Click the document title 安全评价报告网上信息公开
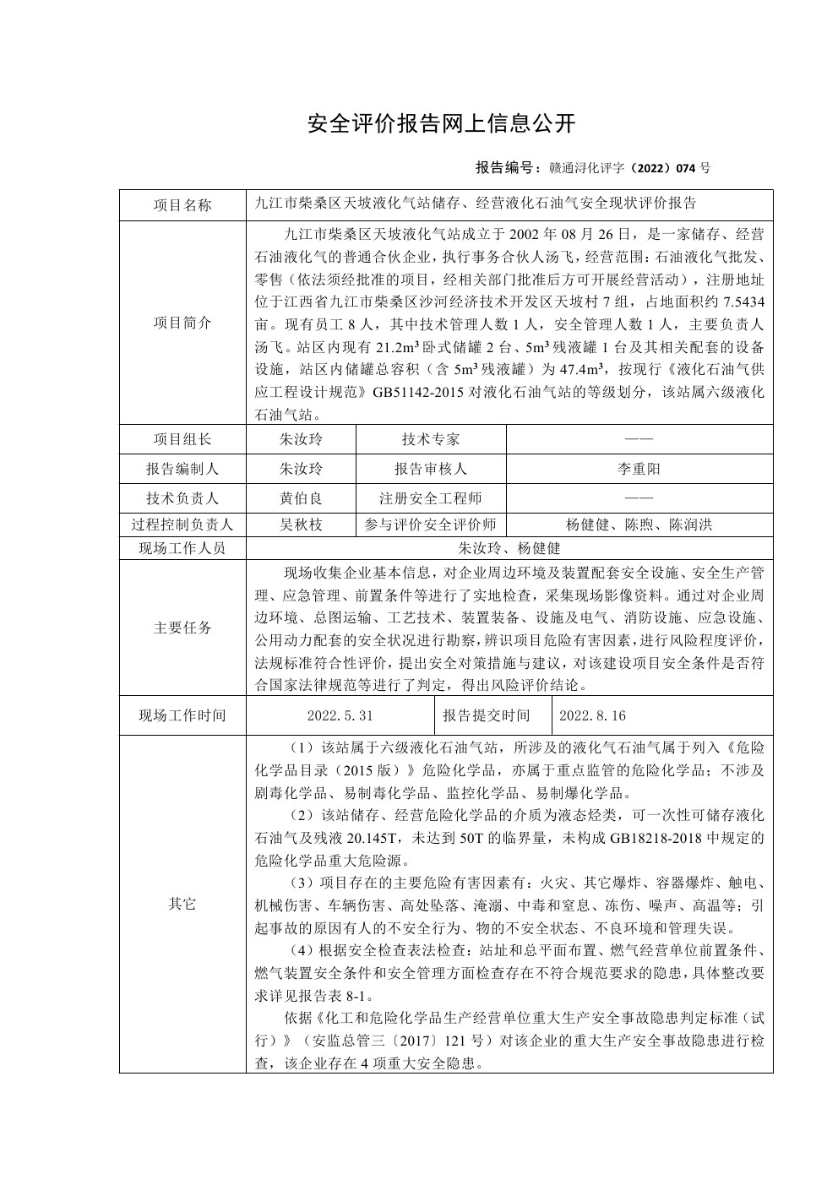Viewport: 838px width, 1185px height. [441, 125]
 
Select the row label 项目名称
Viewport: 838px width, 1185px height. [182, 205]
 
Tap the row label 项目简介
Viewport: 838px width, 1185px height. [182, 323]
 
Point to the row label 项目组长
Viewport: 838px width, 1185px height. [182, 439]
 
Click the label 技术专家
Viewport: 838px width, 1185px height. [431, 439]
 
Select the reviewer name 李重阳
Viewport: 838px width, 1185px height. [639, 469]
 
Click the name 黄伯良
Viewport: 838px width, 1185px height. [301, 498]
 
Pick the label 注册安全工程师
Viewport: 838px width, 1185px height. [431, 498]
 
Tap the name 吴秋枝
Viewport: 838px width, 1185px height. [301, 525]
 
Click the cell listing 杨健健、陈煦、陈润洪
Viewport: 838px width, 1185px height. [639, 525]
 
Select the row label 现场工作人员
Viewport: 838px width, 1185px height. [182, 548]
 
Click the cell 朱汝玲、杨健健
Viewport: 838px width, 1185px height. [509, 548]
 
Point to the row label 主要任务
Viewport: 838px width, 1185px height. [182, 628]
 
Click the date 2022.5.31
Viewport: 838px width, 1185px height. [340, 715]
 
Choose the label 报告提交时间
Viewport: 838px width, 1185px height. [487, 715]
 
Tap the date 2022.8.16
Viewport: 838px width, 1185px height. [592, 715]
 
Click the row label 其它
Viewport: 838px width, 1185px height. [182, 904]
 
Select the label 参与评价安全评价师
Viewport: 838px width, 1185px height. [431, 525]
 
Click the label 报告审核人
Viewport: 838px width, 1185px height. [431, 469]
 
